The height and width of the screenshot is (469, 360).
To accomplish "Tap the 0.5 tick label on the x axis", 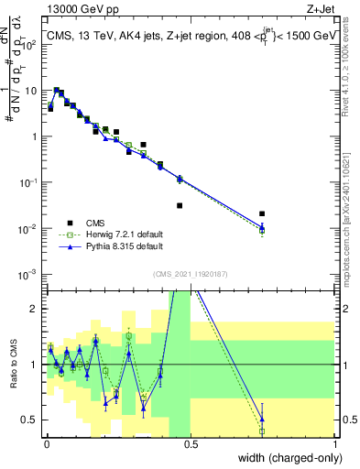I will coord(191,443).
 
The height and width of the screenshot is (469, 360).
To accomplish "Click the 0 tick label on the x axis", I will coord(46,443).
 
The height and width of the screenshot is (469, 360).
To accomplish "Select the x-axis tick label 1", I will coord(335,443).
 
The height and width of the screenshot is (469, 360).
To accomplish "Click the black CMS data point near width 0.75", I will coord(262,213).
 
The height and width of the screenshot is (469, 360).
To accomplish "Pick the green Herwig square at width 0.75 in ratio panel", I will coord(262,431).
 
